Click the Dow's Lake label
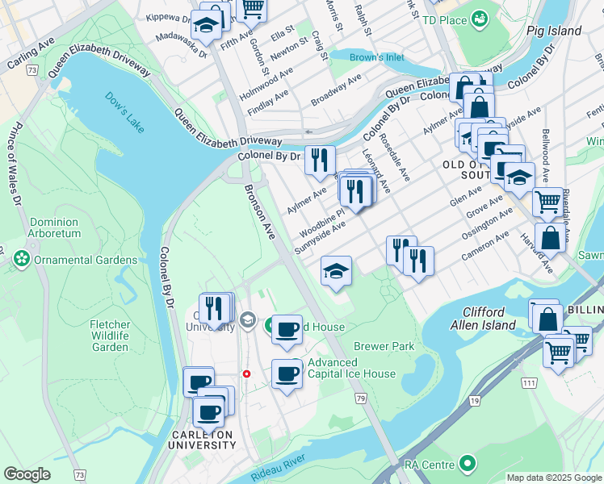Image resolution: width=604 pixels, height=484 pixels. pos(123,111)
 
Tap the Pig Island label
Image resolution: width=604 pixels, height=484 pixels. pos(553,31)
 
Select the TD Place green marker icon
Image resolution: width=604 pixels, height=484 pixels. pos(480,17)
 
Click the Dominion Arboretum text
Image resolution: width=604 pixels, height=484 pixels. pos(54,227)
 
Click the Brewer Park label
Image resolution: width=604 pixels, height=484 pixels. pos(384,346)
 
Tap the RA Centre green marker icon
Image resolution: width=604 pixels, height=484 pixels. pos(467,464)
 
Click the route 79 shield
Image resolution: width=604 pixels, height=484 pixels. pos(360,398)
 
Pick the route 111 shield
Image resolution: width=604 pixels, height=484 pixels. pos(529,382)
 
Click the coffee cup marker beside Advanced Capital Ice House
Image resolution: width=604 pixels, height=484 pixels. pos(286,373)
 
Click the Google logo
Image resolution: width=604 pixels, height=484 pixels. pos(27,474)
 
